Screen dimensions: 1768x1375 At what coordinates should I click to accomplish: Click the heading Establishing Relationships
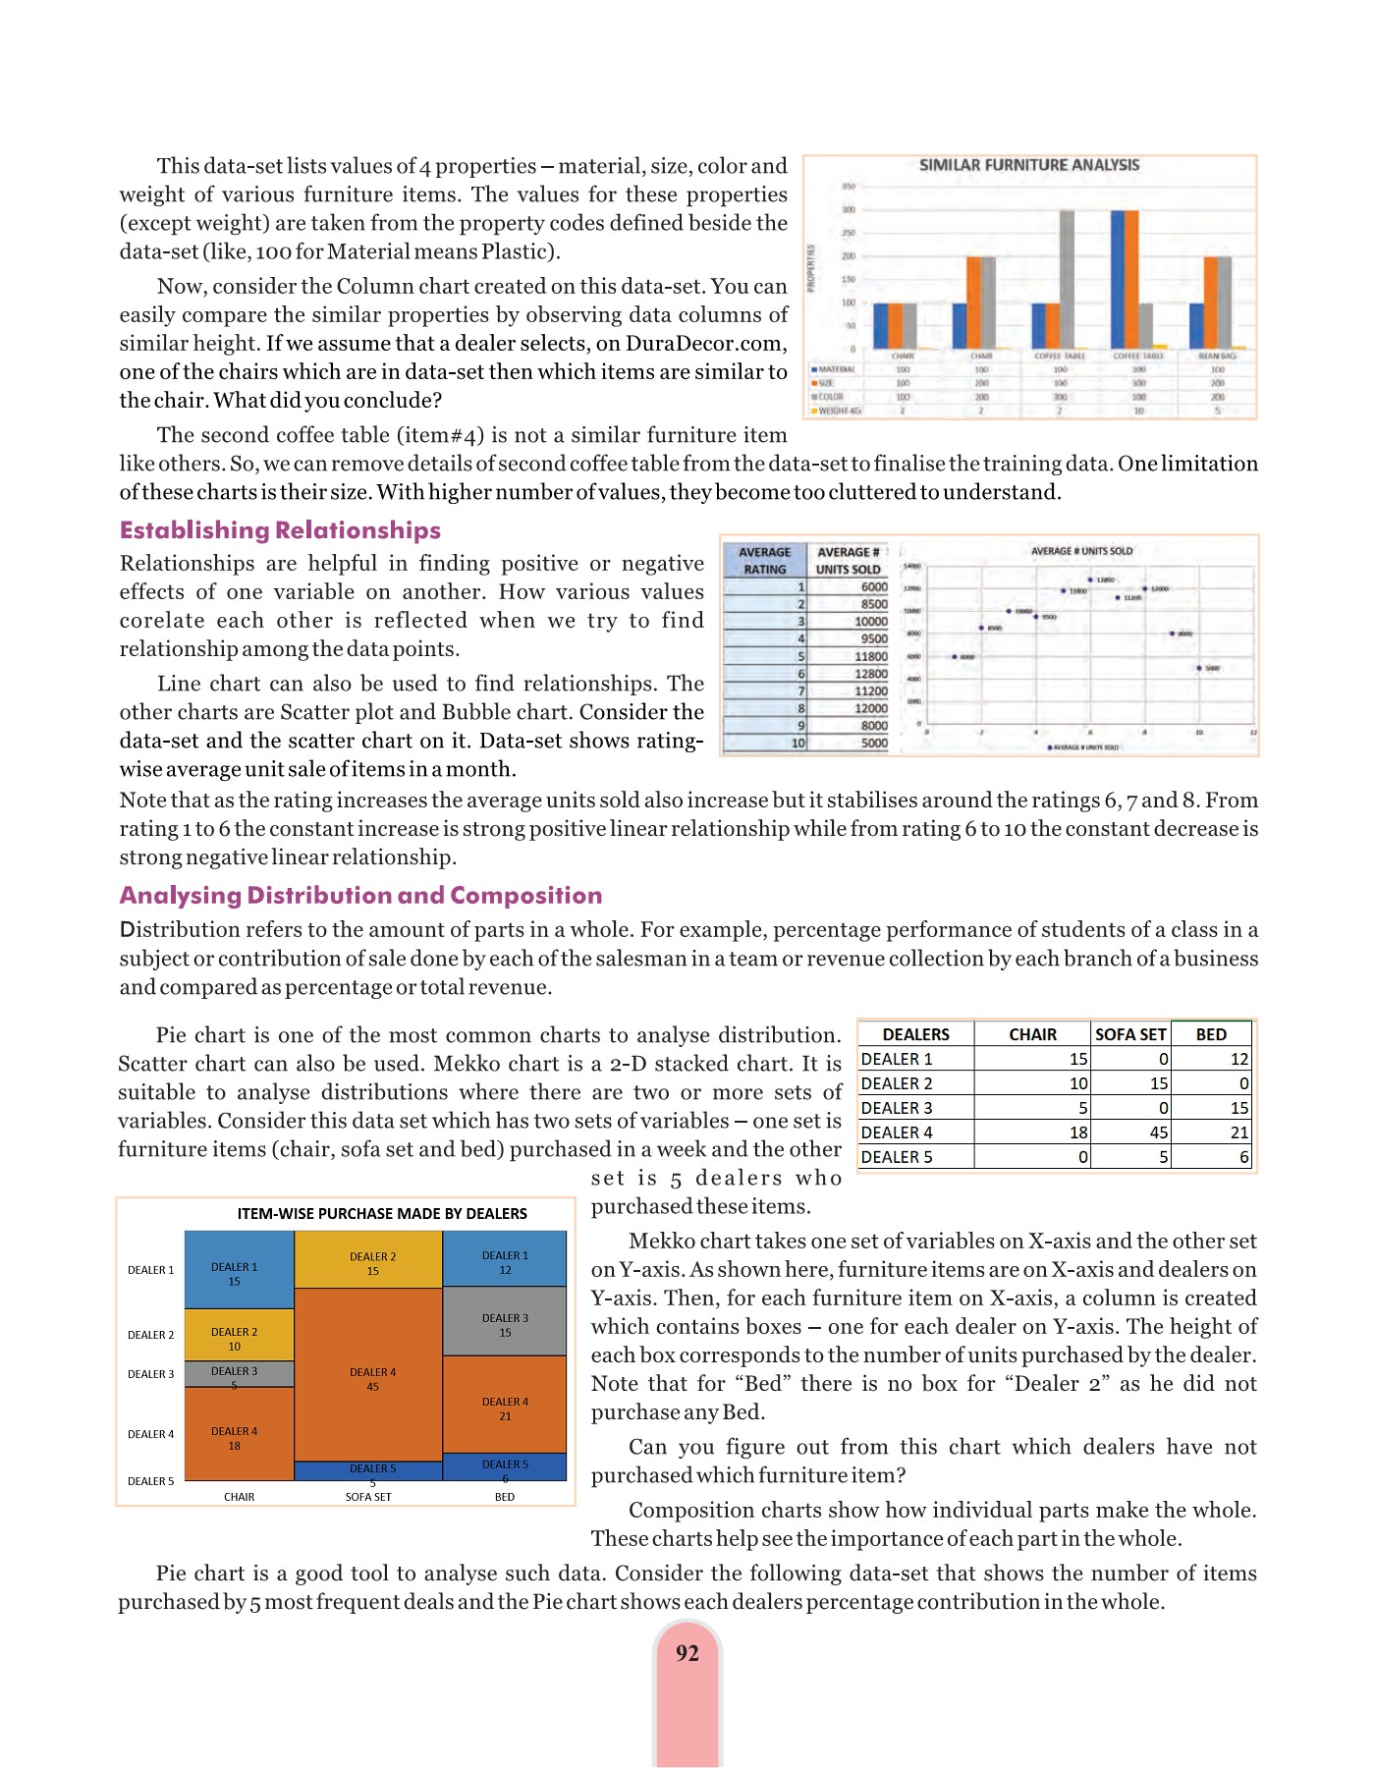(280, 530)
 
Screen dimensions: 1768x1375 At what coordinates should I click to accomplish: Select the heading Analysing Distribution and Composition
(360, 895)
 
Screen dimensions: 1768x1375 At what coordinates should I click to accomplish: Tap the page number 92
(687, 1653)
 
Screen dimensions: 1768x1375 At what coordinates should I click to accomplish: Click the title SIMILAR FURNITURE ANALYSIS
(1028, 165)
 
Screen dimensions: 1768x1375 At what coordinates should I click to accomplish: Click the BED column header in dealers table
(1211, 1034)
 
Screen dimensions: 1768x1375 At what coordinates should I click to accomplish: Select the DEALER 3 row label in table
(897, 1108)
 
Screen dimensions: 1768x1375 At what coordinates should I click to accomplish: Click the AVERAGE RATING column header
(764, 560)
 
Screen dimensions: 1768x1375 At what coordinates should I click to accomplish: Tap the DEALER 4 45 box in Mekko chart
(372, 1378)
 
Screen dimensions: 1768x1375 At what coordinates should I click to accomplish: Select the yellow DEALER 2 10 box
(234, 1339)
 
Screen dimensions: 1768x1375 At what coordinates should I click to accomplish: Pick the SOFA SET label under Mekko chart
(368, 1497)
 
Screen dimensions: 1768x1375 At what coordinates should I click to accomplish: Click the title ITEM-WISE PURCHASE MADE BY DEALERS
(382, 1214)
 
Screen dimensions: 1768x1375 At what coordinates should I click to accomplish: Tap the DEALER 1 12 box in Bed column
(505, 1262)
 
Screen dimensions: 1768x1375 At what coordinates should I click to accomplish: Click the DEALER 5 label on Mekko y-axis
(150, 1481)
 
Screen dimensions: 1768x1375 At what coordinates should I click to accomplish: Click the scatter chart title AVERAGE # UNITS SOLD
(1081, 551)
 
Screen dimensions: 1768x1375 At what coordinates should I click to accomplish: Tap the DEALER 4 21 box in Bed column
(505, 1408)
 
